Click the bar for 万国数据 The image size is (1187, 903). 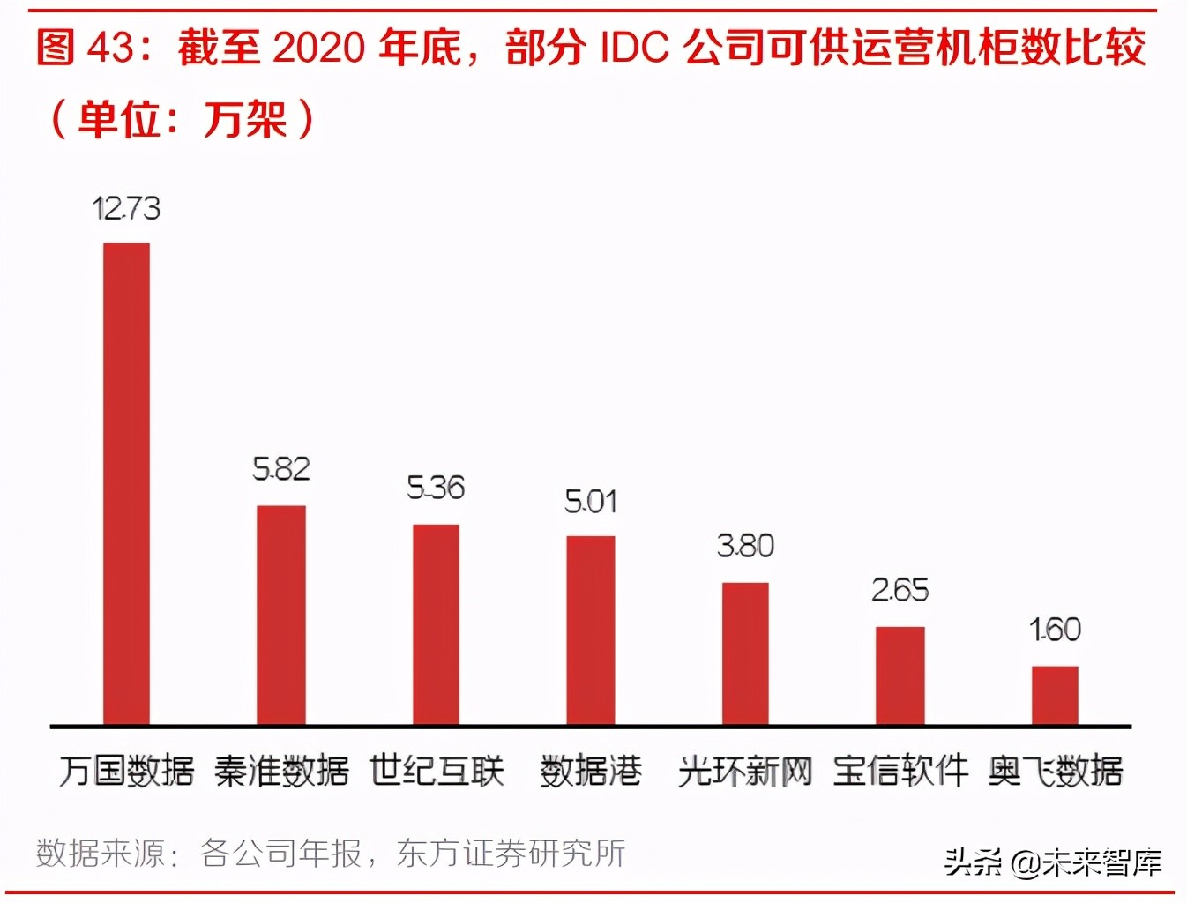pyautogui.click(x=126, y=483)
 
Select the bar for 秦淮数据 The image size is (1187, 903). pyautogui.click(x=281, y=615)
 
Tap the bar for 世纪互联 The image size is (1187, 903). pyautogui.click(x=436, y=624)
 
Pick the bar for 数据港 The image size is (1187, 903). pyautogui.click(x=590, y=630)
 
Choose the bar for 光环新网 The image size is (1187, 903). pyautogui.click(x=745, y=653)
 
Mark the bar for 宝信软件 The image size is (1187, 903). pyautogui.click(x=900, y=675)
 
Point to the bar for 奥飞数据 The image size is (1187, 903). pyautogui.click(x=1055, y=695)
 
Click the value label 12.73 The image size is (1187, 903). pyautogui.click(x=126, y=209)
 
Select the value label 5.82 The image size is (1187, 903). pyautogui.click(x=281, y=469)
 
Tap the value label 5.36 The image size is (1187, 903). pyautogui.click(x=436, y=488)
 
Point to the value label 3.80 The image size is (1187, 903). pyautogui.click(x=745, y=546)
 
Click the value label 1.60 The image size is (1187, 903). pyautogui.click(x=1055, y=630)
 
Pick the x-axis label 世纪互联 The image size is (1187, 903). pyautogui.click(x=436, y=771)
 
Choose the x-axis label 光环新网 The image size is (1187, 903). pyautogui.click(x=745, y=772)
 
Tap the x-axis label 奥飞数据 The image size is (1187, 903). pyautogui.click(x=1055, y=772)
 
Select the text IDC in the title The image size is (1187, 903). pyautogui.click(x=634, y=48)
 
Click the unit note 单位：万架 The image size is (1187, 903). pyautogui.click(x=182, y=119)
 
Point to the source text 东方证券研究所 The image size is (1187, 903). pyautogui.click(x=511, y=853)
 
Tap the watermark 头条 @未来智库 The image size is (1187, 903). pyautogui.click(x=1052, y=862)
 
